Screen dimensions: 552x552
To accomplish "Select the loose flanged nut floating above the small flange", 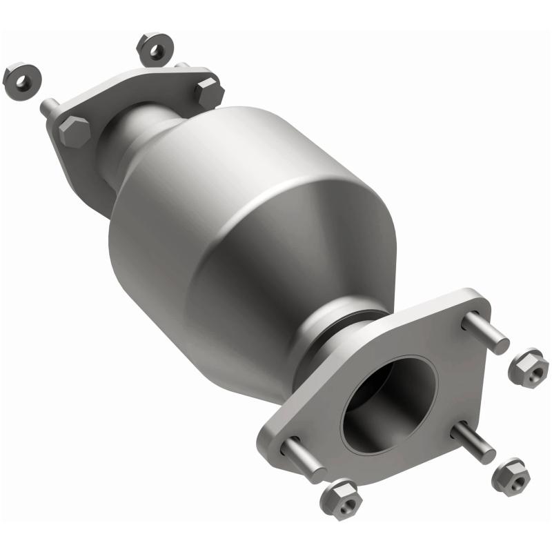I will pyautogui.click(x=155, y=49).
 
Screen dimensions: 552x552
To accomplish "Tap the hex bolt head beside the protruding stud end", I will pyautogui.click(x=74, y=130).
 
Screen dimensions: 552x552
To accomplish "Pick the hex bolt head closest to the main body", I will pyautogui.click(x=208, y=92).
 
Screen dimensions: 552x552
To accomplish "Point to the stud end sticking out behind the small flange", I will pyautogui.click(x=49, y=108).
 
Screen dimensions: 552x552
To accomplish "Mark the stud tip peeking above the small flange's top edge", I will pyautogui.click(x=183, y=66).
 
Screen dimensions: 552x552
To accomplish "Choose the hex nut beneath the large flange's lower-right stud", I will pyautogui.click(x=511, y=475).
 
